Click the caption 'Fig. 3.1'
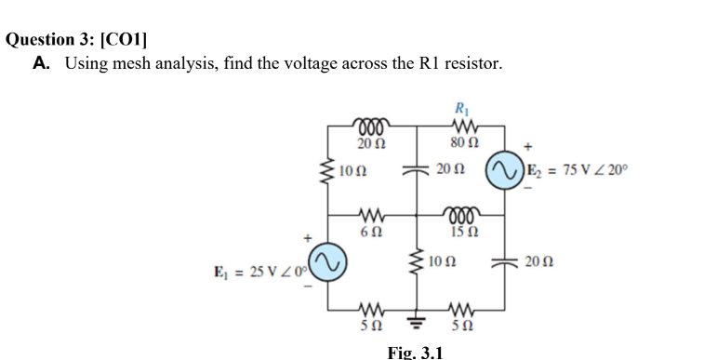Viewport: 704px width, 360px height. (x=415, y=352)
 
